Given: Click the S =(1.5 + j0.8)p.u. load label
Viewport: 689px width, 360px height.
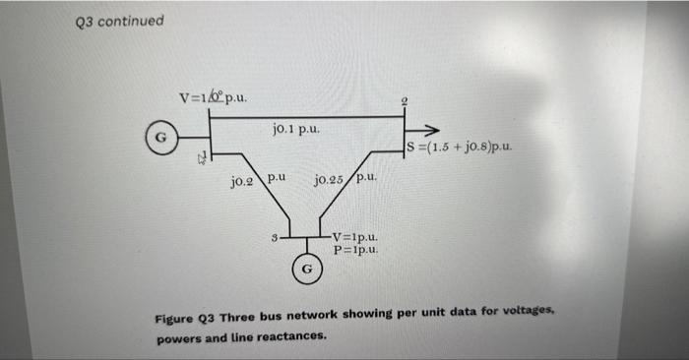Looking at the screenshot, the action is coord(461,150).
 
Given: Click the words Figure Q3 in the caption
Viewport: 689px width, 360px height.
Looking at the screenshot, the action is coord(185,317).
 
